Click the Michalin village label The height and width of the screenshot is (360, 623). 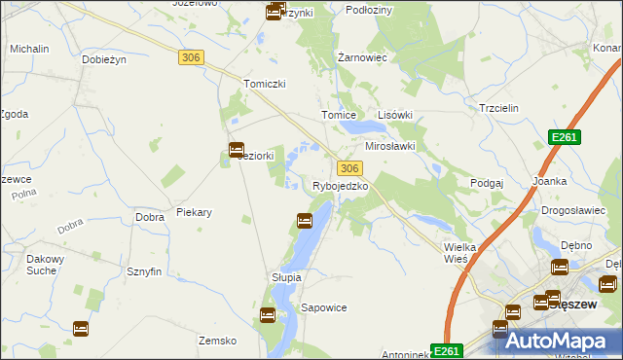29,48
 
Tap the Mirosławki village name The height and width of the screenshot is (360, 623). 390,146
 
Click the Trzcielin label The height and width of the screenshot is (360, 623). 501,109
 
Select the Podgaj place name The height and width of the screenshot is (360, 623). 486,183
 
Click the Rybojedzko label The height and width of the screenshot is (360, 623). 340,185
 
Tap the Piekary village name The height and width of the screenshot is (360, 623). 194,211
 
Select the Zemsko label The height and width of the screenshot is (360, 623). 218,341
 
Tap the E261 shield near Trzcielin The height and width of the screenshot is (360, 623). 564,138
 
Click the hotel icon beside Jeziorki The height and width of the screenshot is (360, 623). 236,150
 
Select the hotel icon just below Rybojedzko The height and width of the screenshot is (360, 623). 304,222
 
